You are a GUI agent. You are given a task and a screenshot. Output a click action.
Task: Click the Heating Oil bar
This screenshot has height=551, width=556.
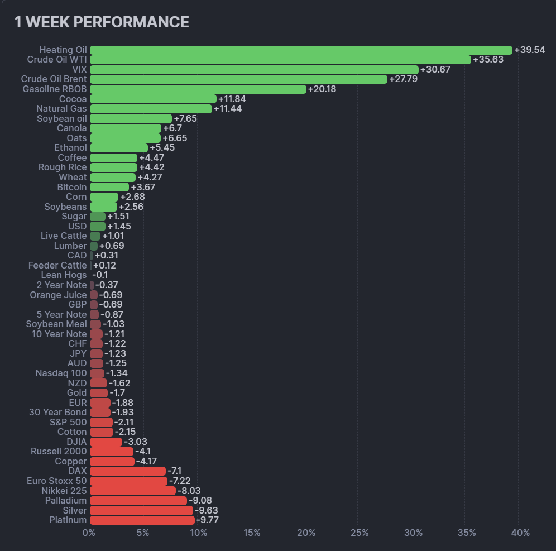point(301,50)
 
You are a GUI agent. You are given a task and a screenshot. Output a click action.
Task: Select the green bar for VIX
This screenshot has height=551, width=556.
point(254,70)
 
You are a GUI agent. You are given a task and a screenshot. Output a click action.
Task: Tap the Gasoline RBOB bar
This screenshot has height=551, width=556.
point(198,89)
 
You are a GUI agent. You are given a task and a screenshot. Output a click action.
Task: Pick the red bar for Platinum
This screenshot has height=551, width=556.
point(142,520)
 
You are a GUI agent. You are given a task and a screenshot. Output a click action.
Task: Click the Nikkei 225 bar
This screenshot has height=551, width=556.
point(133,491)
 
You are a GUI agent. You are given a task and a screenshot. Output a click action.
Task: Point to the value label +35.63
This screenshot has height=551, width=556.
point(488,60)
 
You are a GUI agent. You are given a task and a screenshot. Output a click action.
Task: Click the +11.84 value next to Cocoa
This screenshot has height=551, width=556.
point(232,99)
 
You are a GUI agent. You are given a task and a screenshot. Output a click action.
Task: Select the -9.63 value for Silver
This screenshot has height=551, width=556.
point(206,510)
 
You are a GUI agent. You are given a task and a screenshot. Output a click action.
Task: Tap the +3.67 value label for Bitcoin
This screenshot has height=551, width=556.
point(143,187)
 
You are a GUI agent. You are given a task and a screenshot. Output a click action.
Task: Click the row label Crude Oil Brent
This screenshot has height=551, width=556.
point(54,79)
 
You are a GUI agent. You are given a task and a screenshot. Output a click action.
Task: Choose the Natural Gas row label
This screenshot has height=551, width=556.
point(61,109)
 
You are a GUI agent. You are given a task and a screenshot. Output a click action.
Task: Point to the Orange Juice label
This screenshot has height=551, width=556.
point(58,295)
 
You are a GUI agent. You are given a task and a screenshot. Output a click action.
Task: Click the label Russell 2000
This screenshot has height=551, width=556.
point(59,451)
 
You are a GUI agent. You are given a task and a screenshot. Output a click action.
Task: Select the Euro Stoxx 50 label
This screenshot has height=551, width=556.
point(56,481)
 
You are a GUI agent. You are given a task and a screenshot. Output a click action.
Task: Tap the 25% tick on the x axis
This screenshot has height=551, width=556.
point(360,533)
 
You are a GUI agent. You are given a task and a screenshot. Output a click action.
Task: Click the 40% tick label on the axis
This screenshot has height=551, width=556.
point(520,533)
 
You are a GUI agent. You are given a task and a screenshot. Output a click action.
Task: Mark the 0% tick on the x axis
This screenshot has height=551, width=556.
point(89,533)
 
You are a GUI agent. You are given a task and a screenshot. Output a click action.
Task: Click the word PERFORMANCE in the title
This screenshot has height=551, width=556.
point(131,22)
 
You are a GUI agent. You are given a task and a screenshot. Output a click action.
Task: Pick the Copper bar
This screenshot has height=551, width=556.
point(112,462)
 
